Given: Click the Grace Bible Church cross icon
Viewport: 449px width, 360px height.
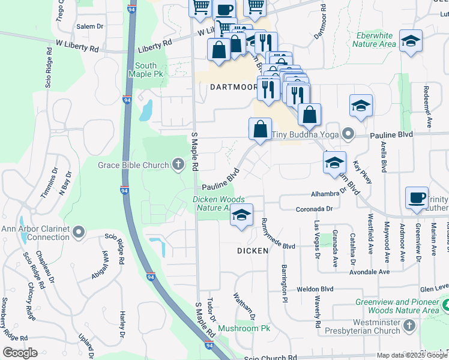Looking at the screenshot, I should (178, 164).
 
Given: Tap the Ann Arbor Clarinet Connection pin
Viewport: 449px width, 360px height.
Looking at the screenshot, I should (79, 232).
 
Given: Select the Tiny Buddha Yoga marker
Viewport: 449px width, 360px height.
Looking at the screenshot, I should (347, 134).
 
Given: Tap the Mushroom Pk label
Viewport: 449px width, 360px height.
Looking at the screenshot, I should (244, 328).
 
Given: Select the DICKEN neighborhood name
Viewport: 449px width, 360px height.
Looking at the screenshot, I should (252, 251).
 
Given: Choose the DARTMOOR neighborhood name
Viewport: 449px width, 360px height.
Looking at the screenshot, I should (234, 86).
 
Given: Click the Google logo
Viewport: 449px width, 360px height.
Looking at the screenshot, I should (20, 352).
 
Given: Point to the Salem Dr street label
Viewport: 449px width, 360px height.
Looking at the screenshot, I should (90, 27).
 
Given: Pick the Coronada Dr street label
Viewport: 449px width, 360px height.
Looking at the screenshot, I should (314, 209).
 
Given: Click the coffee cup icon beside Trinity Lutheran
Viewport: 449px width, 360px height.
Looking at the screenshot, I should (417, 197).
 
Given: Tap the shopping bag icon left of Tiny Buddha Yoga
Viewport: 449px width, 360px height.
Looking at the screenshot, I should (260, 128).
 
